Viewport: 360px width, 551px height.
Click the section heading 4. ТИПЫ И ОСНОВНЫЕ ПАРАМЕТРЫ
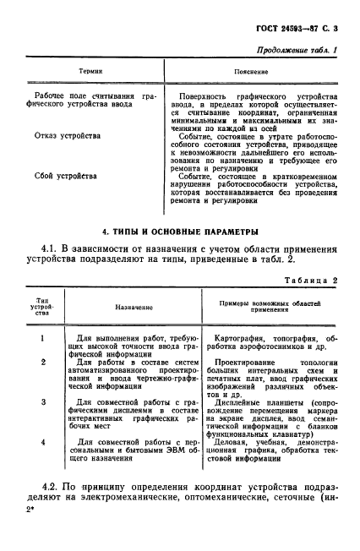[178, 231]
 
